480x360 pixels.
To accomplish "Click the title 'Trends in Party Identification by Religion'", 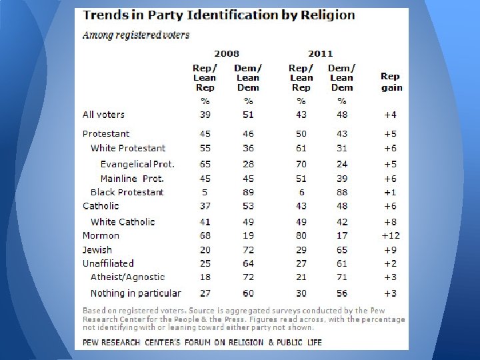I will [x=219, y=15].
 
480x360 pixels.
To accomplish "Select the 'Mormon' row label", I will [x=101, y=235].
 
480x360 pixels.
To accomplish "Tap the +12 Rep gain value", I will [x=390, y=235].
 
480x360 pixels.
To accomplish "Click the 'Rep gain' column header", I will [x=391, y=82].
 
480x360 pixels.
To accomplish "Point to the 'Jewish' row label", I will [x=97, y=249].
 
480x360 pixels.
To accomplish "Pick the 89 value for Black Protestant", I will [x=247, y=192].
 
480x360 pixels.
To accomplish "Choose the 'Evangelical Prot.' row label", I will [x=137, y=164].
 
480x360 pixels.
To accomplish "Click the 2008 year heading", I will [x=227, y=53].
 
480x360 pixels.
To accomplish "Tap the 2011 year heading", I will [x=321, y=53].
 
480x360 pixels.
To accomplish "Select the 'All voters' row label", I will [x=103, y=115].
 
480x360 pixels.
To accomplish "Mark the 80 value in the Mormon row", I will [x=301, y=235].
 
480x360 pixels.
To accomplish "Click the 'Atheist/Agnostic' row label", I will [x=127, y=277].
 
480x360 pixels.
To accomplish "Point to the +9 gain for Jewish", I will [x=391, y=249].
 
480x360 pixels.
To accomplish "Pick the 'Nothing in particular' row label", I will [x=135, y=293].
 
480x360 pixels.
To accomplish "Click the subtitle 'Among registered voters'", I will [x=136, y=35].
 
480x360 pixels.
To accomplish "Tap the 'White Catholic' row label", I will [x=123, y=221].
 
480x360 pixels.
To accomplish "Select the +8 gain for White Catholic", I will [x=391, y=221].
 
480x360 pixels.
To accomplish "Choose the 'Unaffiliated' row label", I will [x=108, y=263].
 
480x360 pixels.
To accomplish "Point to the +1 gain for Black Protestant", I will [x=391, y=192].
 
